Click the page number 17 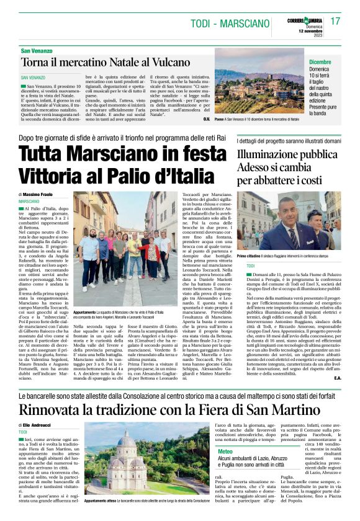pyautogui.click(x=336, y=21)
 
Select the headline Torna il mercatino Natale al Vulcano pyautogui.click(x=106, y=62)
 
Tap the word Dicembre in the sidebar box pyautogui.click(x=320, y=62)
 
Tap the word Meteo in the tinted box pyautogui.click(x=225, y=452)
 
